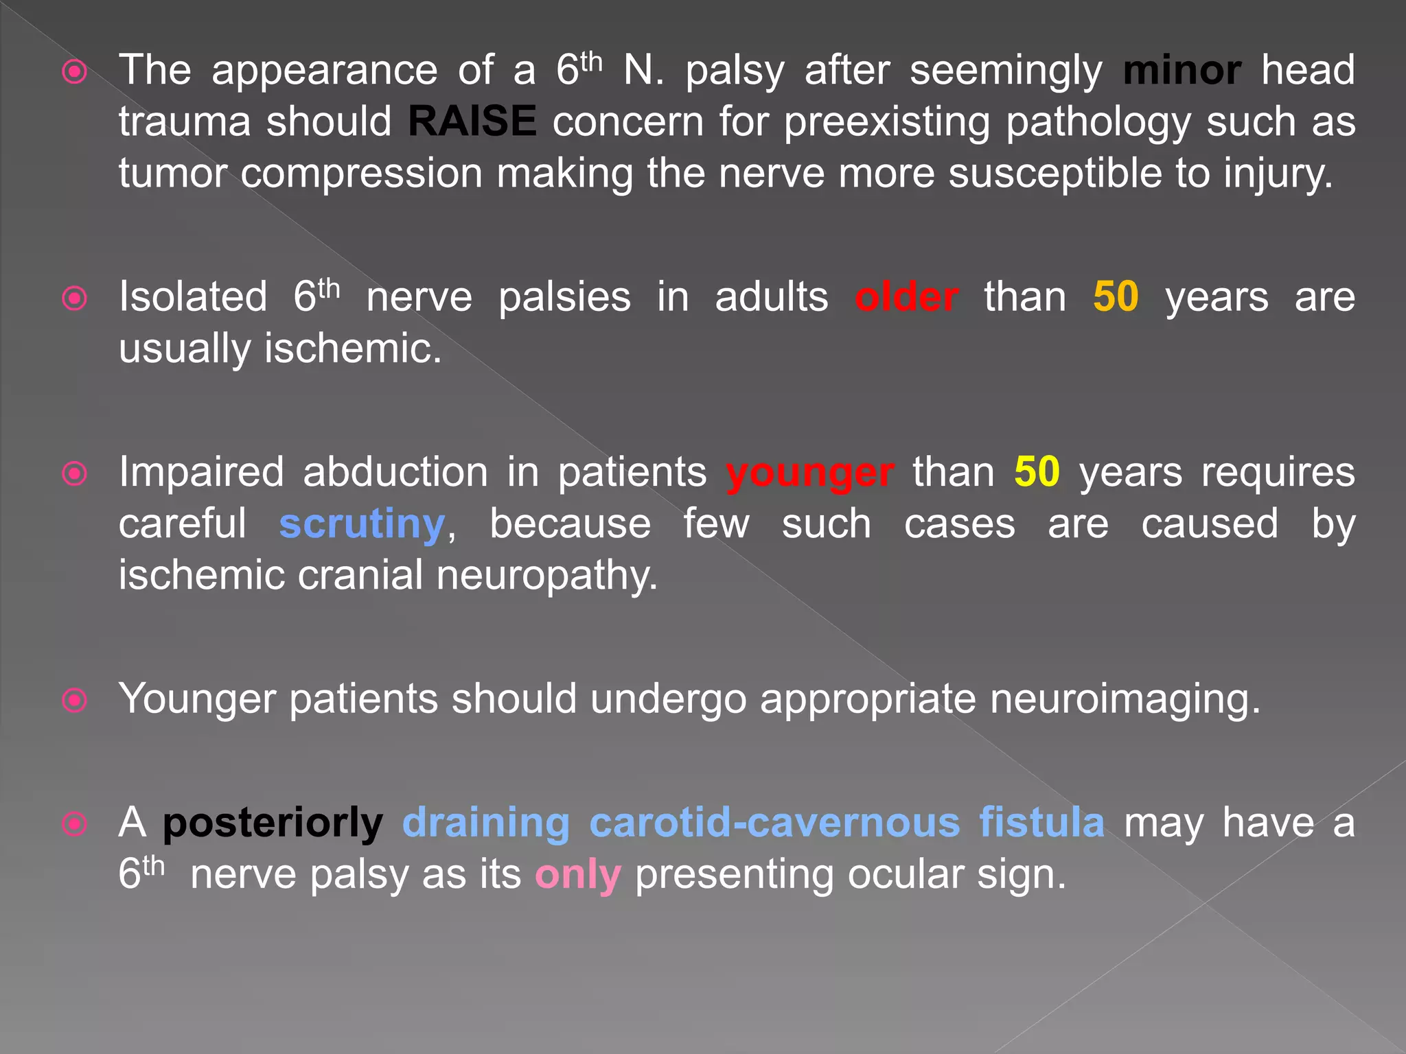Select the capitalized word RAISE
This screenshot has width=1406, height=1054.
(472, 121)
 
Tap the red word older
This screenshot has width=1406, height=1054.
(906, 298)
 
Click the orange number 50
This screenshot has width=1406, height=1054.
(1116, 298)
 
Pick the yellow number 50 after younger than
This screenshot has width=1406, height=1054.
(1037, 473)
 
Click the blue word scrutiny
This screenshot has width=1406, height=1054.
(362, 526)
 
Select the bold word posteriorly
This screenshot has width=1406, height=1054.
(273, 824)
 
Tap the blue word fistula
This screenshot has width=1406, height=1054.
(1041, 823)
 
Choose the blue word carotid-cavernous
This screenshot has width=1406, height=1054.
(774, 823)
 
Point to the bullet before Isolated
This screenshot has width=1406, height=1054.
(75, 298)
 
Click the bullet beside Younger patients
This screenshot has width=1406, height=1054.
(75, 701)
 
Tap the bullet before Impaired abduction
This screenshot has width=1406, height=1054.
(75, 474)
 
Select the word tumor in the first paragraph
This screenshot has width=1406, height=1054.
(172, 174)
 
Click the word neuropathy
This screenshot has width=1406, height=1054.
(546, 576)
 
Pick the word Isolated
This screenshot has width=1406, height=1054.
(193, 298)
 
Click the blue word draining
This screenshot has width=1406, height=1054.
(485, 823)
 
